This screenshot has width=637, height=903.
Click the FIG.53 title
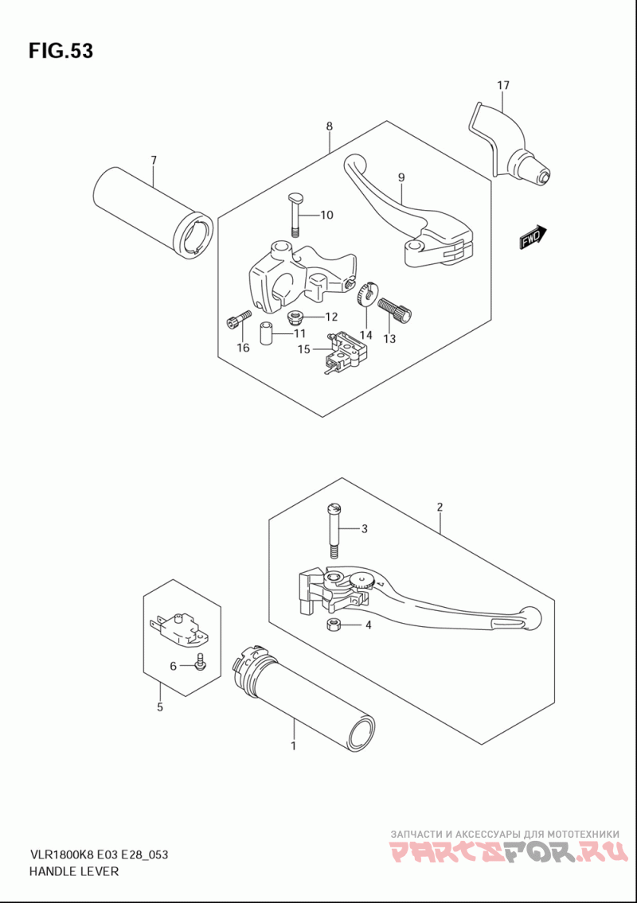click(x=61, y=51)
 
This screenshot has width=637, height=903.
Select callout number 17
click(x=503, y=85)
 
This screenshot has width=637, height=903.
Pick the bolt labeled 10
click(x=295, y=215)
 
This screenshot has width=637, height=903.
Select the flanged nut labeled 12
click(x=295, y=316)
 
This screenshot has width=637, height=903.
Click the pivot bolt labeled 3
click(x=334, y=531)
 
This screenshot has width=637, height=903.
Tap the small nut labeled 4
click(x=333, y=625)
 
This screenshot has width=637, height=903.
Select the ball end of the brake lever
click(x=530, y=618)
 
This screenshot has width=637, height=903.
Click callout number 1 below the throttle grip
click(x=294, y=745)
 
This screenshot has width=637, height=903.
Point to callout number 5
click(x=160, y=706)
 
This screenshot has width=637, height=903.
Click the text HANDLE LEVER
click(x=73, y=870)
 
